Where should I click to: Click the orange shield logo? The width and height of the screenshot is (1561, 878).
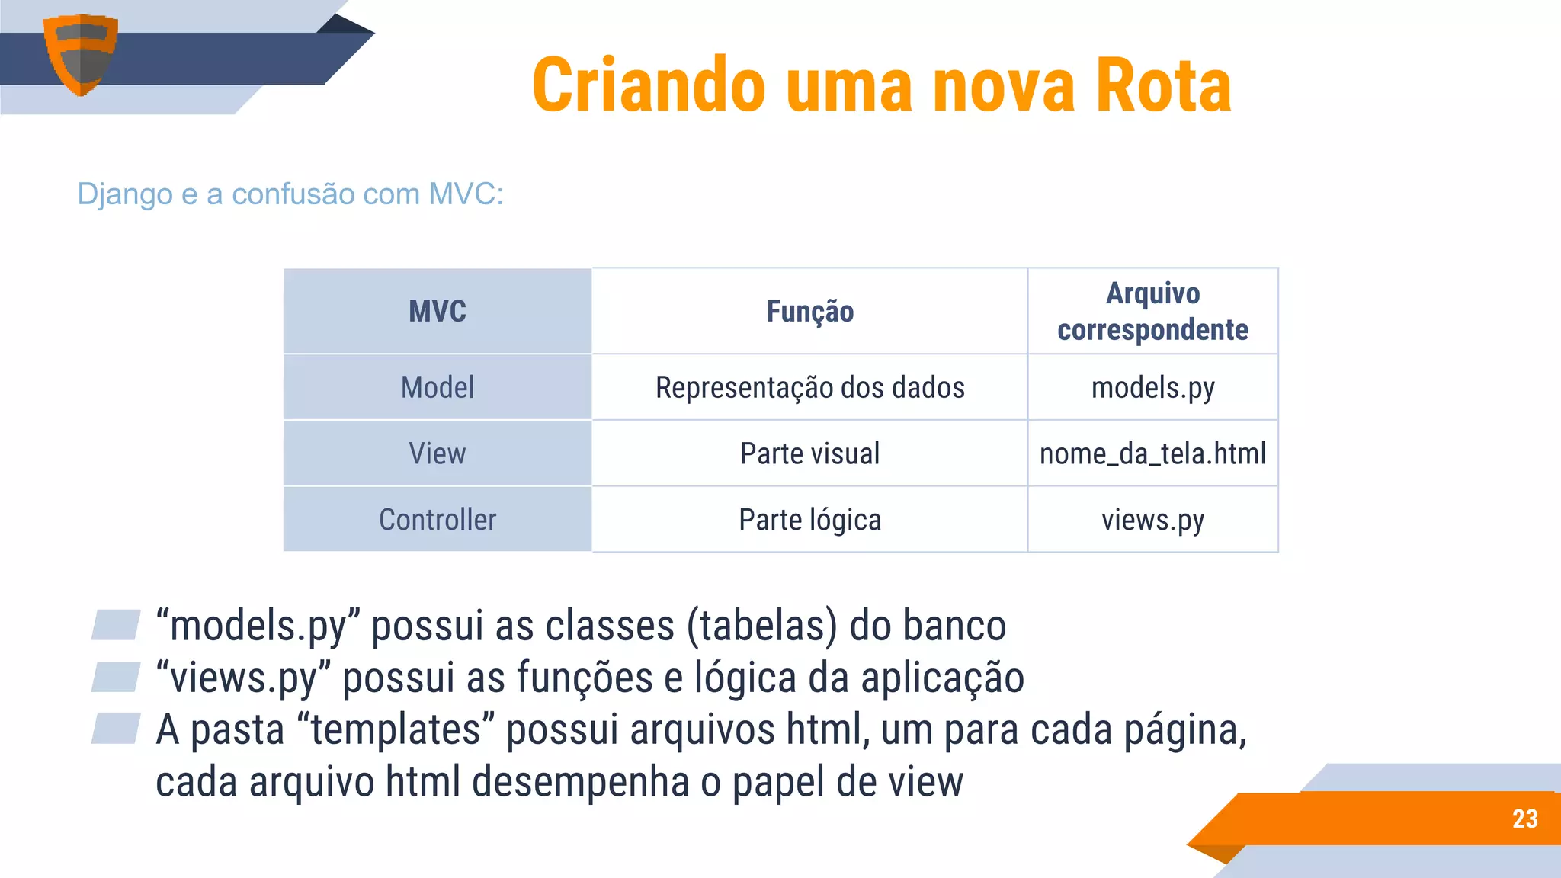(x=80, y=53)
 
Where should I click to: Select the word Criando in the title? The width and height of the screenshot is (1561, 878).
(x=649, y=85)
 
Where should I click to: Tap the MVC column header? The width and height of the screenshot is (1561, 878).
(x=437, y=311)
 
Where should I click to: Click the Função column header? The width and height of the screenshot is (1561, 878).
(x=809, y=311)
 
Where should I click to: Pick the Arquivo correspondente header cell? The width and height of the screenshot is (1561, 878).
(x=1152, y=311)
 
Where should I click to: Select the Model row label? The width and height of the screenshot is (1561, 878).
(x=437, y=387)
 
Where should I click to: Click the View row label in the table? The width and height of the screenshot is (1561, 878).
(x=437, y=453)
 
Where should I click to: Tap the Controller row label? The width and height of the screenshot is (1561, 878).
(x=437, y=520)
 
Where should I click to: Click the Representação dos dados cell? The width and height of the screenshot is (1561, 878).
(x=809, y=387)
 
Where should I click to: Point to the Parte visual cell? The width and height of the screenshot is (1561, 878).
(x=809, y=453)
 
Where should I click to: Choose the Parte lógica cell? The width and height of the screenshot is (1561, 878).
(x=809, y=520)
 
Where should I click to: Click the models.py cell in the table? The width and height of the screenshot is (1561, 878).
(x=1152, y=387)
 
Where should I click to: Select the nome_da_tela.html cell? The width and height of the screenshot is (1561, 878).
(x=1152, y=453)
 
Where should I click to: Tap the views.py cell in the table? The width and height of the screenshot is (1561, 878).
(x=1152, y=520)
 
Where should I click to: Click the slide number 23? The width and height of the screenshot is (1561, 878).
(x=1524, y=819)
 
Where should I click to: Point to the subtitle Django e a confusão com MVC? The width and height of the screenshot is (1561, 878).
(x=290, y=194)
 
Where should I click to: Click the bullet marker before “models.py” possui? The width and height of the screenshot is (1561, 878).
(x=116, y=625)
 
